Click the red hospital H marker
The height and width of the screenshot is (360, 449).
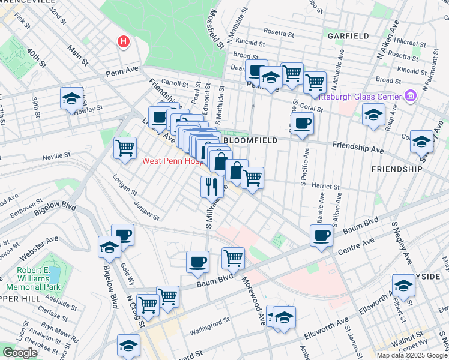[123, 42]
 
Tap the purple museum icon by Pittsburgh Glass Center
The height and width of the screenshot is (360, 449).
[411, 96]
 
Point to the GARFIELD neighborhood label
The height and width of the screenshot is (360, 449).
[348, 36]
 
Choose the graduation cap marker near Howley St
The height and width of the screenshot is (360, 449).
[71, 98]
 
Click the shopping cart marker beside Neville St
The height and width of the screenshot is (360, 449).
[125, 148]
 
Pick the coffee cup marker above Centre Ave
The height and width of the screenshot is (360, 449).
[322, 235]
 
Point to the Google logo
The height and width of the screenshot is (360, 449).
[20, 353]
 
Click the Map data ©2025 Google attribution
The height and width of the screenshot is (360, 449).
[411, 355]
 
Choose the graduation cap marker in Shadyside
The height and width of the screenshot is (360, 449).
[403, 286]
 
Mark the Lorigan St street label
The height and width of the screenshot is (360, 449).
[125, 186]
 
